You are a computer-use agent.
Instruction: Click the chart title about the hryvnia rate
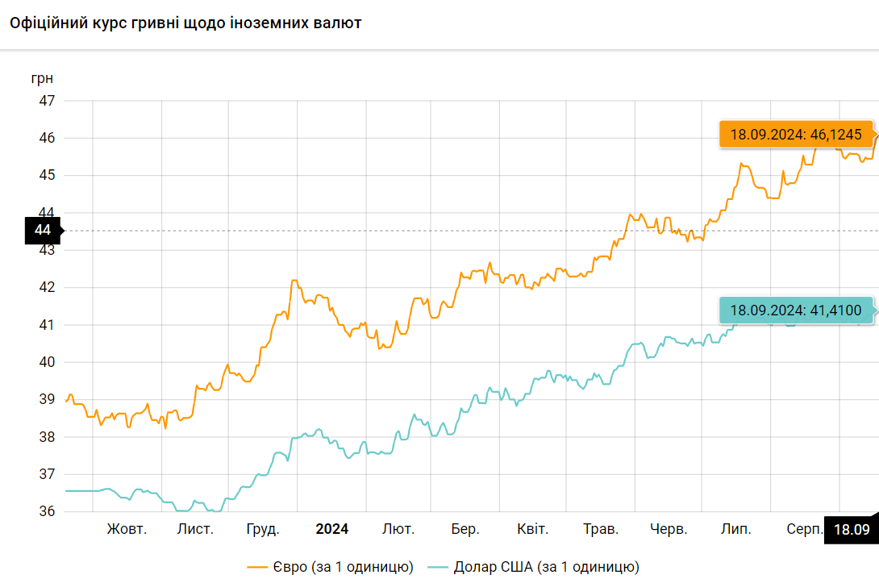tap(185, 23)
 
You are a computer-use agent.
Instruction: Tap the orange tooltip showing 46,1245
tap(795, 135)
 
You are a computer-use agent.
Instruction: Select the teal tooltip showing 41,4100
tap(795, 310)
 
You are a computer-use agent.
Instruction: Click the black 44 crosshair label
tap(43, 231)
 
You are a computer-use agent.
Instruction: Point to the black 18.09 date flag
tap(851, 530)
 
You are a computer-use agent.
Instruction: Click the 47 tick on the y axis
tap(47, 101)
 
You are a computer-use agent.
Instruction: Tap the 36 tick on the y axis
tap(47, 512)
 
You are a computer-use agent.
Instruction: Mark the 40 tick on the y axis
tap(47, 362)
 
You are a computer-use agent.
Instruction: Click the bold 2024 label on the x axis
tap(331, 529)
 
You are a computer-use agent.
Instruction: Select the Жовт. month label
tap(127, 529)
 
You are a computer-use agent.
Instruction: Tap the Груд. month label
tap(263, 529)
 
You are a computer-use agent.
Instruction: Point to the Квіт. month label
tap(532, 529)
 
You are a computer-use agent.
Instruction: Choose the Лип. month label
tap(736, 529)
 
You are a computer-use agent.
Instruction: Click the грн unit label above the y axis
tap(43, 79)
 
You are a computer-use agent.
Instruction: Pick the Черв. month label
tap(669, 529)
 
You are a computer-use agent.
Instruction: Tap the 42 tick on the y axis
tap(47, 287)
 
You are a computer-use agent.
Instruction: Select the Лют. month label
tap(398, 529)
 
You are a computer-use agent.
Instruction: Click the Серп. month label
tap(805, 529)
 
